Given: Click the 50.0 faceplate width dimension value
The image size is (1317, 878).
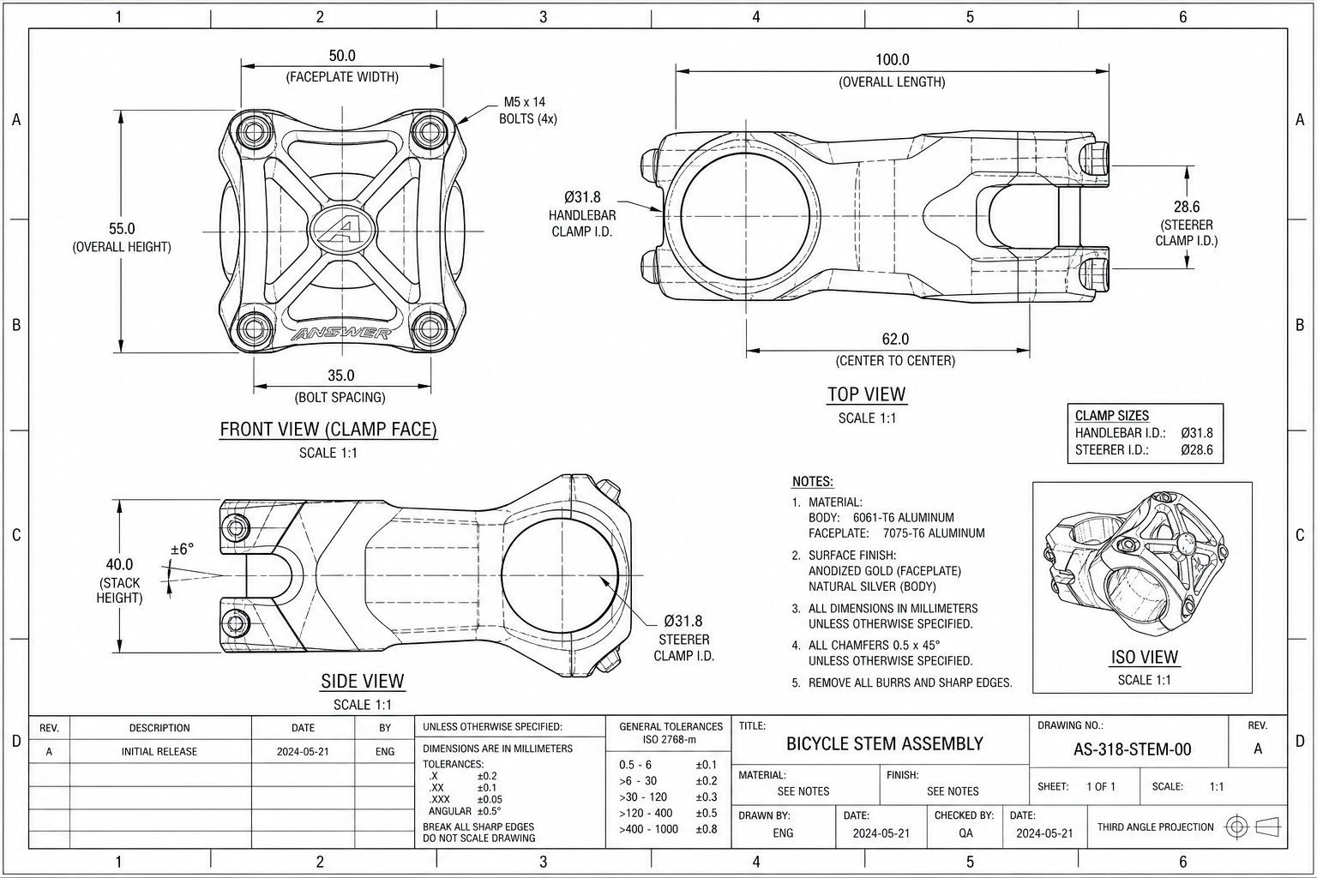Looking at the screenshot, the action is pyautogui.click(x=342, y=56).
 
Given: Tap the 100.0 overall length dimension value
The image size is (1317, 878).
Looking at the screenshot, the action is pyautogui.click(x=892, y=60).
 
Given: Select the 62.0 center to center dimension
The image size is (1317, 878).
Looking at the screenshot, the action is pyautogui.click(x=895, y=340).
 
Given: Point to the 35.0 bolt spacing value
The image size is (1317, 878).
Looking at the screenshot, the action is pyautogui.click(x=341, y=376).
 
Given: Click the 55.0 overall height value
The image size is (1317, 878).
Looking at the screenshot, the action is pyautogui.click(x=122, y=229).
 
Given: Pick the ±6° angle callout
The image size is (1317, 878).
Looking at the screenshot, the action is pyautogui.click(x=182, y=550).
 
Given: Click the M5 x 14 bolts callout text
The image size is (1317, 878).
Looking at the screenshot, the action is pyautogui.click(x=527, y=111).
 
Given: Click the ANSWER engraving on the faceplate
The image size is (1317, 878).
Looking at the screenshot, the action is pyautogui.click(x=341, y=334).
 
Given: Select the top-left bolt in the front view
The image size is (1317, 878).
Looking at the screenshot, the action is pyautogui.click(x=254, y=132).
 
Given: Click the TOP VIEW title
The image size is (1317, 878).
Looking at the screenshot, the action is pyautogui.click(x=867, y=394).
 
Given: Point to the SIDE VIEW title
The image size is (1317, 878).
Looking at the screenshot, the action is pyautogui.click(x=362, y=681).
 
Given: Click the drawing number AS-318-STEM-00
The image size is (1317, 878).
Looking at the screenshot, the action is pyautogui.click(x=1133, y=749).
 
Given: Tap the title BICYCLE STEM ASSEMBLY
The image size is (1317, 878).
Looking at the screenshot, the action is pyautogui.click(x=885, y=744).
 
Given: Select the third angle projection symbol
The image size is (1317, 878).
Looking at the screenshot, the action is pyautogui.click(x=1253, y=827).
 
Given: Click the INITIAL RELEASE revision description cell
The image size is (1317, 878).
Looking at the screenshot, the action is pyautogui.click(x=159, y=752).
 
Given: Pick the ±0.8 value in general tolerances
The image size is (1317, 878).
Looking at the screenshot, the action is pyautogui.click(x=707, y=829).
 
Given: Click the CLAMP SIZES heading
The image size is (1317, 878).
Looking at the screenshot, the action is pyautogui.click(x=1112, y=416).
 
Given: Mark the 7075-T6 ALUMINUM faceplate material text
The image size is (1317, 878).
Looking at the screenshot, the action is pyautogui.click(x=934, y=533).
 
